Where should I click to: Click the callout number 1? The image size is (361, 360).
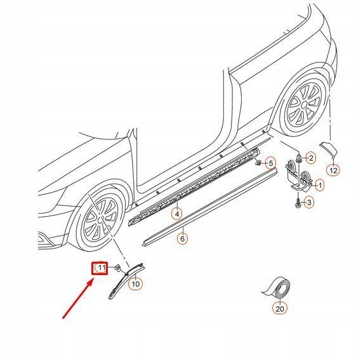[x=319, y=185]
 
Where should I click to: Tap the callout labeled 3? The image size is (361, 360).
[x=308, y=203]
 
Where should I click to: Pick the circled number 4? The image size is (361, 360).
[x=178, y=214]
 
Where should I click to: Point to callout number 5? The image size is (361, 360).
[x=270, y=164]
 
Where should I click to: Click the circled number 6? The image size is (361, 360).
[x=182, y=238]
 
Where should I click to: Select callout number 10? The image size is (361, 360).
[x=135, y=284]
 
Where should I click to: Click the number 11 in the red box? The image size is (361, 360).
[x=100, y=269]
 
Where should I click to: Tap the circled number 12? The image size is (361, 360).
[x=333, y=170]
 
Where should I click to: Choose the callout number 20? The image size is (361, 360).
[x=280, y=309]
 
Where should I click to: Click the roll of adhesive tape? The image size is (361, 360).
[x=278, y=289]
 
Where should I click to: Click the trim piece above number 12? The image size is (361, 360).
[x=328, y=151]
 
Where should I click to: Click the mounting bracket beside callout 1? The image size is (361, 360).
[x=297, y=175]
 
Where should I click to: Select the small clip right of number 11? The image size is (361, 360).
[x=117, y=269]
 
